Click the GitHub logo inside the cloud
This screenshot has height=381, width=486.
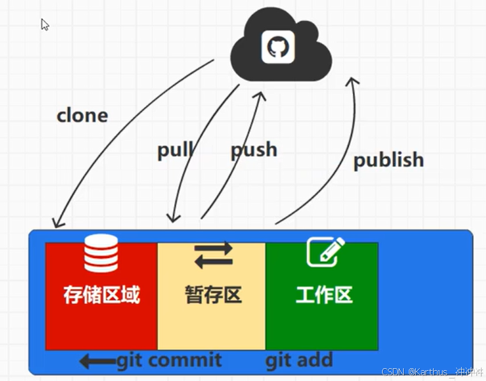[x=278, y=47]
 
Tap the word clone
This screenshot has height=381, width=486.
[x=82, y=116]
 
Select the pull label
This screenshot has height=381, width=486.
[x=175, y=150]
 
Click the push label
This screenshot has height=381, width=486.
[x=254, y=150]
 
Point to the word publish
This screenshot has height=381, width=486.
[x=388, y=159]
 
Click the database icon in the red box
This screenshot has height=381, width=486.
[x=101, y=253]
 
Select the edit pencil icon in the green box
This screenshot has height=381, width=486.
[x=325, y=252]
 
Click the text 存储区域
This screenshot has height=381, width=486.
[x=101, y=294]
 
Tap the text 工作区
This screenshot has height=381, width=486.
[x=324, y=295]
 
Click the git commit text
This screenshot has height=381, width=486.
[x=169, y=361]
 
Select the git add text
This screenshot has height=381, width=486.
[x=299, y=361]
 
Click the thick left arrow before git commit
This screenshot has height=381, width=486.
[x=97, y=362]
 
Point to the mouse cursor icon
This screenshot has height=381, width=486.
[x=45, y=24]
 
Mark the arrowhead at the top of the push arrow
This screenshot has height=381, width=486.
[x=260, y=96]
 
